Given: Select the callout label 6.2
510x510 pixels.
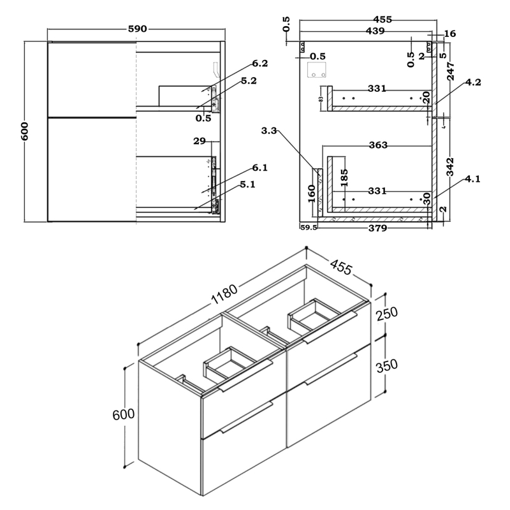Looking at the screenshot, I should (x=259, y=63).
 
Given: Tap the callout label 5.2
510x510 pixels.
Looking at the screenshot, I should (x=249, y=81).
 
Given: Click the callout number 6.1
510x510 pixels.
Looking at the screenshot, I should (x=259, y=168).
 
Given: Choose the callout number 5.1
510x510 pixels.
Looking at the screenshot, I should (x=249, y=186).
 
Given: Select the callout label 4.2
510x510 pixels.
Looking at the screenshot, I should (x=472, y=82).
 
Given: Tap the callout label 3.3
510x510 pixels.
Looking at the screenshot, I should (x=269, y=132).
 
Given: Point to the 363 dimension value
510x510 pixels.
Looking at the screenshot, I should (x=378, y=145).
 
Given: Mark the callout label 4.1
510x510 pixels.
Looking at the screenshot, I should (x=472, y=180).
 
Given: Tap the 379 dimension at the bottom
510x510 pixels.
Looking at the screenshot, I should (x=378, y=229).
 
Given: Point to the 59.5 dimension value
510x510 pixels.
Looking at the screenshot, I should (x=308, y=227).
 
